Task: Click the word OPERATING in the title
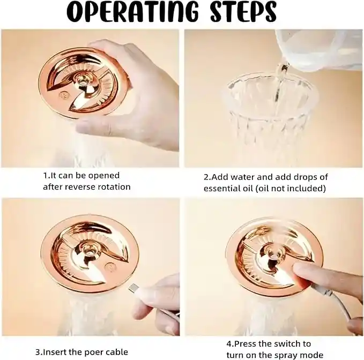[132, 12]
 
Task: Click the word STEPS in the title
[243, 12]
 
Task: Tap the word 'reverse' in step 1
[79, 187]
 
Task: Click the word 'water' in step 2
[243, 177]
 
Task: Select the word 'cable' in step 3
[117, 352]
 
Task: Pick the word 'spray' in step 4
[287, 355]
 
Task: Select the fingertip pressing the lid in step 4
[300, 270]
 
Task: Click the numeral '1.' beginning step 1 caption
[46, 176]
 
